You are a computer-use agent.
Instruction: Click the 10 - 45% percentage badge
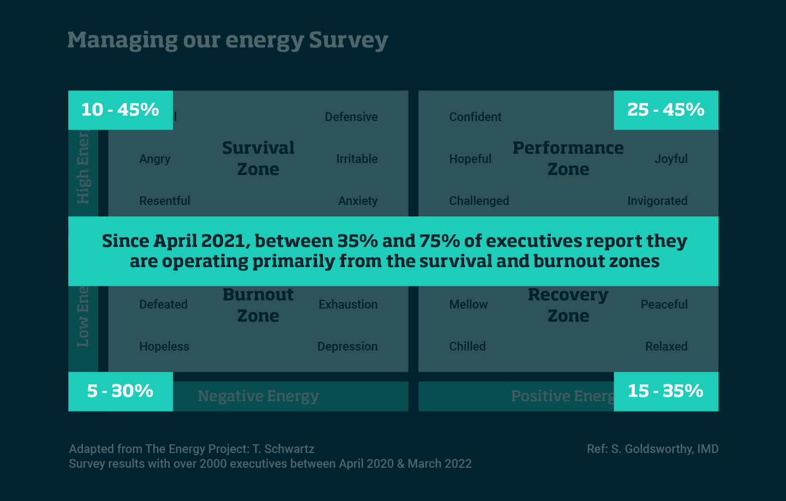point(120,110)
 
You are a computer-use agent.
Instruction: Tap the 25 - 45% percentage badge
point(665,110)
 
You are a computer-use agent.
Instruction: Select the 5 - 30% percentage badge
point(120,391)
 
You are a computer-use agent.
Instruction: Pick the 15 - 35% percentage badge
point(665,391)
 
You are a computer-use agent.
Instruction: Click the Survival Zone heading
point(258,159)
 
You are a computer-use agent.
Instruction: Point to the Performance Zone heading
point(568,159)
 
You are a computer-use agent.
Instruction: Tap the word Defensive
point(351,117)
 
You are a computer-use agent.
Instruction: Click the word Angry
point(155,159)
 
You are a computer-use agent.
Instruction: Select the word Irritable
point(357,159)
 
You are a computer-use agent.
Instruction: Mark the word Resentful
point(165,201)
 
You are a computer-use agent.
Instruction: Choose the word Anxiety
point(358,201)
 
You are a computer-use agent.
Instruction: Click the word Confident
point(475,117)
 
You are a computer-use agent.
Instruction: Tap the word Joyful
point(671,159)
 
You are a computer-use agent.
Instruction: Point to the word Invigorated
point(657,201)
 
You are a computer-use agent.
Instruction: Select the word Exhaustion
point(348,305)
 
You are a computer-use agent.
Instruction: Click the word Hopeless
point(164,347)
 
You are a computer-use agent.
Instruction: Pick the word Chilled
point(467,347)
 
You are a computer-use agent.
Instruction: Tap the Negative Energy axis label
point(259,396)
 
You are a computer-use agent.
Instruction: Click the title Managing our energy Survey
point(227,40)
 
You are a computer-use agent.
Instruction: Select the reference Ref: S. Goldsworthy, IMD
point(652,449)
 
